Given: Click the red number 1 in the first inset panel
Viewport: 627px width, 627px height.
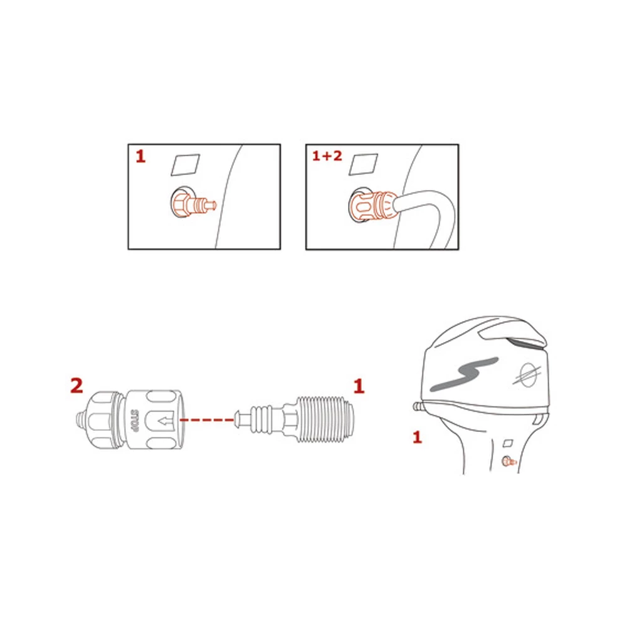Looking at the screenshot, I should click(140, 156).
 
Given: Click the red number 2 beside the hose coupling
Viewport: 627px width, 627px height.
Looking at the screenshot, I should click(76, 386).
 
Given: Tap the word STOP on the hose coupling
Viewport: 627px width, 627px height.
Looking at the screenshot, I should click(134, 418).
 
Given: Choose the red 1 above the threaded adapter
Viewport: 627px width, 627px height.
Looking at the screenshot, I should click(359, 386).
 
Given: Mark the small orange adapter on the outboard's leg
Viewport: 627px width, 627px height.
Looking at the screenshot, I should click(508, 462).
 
